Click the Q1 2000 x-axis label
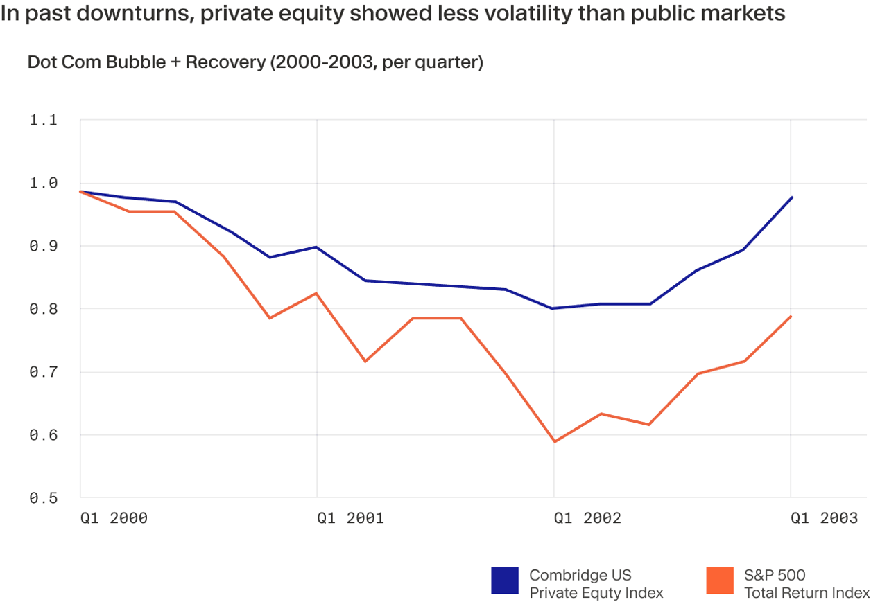pos(114,518)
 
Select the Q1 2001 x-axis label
pos(351,518)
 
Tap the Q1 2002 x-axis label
pos(587,518)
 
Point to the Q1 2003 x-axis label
pos(824,518)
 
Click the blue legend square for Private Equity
pos(505,581)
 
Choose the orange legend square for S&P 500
pos(720,581)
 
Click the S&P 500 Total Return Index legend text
pos(807,584)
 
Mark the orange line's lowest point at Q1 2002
pos(554,441)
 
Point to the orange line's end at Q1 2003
pos(791,317)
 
